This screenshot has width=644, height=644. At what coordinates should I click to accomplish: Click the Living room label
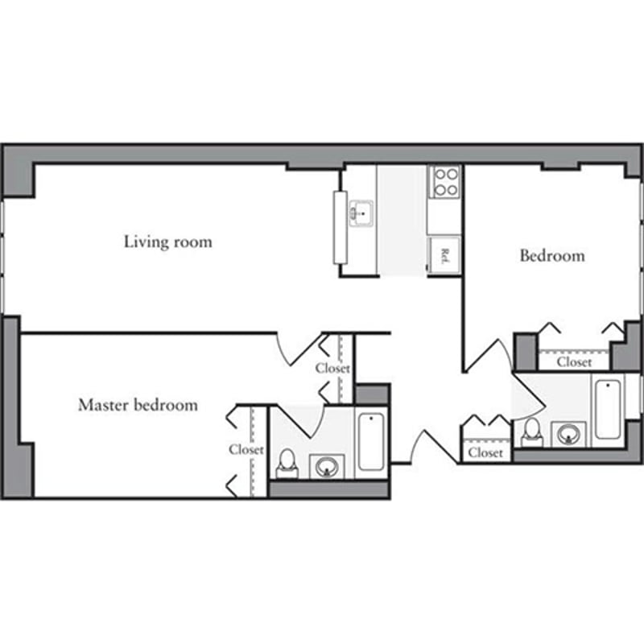167,242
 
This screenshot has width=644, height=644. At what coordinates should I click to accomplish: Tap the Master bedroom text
138,405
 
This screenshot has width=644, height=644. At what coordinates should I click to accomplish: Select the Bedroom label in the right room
552,256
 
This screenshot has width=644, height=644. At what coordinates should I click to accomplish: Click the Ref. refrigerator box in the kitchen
444,256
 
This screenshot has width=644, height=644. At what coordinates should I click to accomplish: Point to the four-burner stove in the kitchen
444,182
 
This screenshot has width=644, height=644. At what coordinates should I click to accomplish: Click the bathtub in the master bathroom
371,442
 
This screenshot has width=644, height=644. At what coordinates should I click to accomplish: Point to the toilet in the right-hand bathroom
532,432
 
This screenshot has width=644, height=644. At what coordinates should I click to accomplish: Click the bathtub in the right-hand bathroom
607,410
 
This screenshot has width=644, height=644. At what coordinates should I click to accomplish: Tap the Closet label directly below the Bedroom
574,362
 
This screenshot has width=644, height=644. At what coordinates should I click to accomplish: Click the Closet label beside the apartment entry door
485,453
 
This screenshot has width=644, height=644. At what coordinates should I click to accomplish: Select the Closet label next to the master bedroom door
332,368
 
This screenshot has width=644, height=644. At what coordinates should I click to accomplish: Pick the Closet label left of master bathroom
246,450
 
